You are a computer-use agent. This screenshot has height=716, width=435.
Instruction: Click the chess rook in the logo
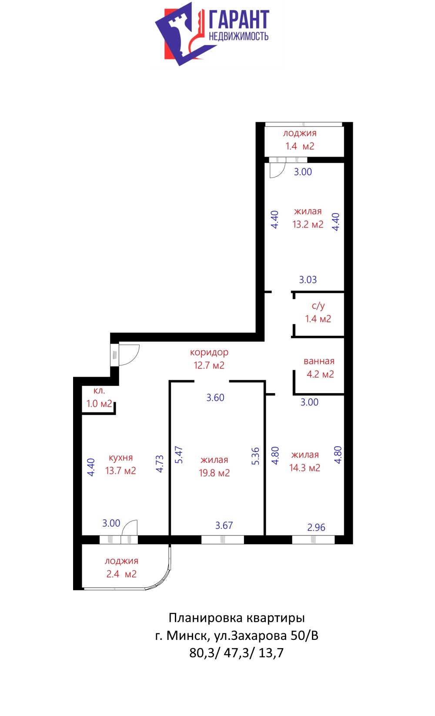[x=179, y=35]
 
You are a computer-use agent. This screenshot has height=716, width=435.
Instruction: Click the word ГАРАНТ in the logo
[x=239, y=20]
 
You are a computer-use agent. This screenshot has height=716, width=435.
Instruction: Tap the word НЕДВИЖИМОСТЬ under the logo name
[x=238, y=36]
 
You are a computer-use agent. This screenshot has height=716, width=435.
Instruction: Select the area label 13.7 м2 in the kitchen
[x=121, y=471]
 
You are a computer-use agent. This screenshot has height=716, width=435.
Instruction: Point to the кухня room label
[x=121, y=458]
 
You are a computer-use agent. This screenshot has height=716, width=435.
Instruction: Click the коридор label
[x=209, y=352]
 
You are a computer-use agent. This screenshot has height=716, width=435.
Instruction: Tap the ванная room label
[x=319, y=361]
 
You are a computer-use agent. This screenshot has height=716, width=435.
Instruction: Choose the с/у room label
[x=318, y=306]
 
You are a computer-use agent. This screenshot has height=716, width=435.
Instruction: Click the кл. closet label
[x=99, y=391]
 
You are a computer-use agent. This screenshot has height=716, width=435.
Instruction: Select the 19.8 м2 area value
[x=214, y=473]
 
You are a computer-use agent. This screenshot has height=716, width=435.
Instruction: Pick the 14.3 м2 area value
[x=304, y=468]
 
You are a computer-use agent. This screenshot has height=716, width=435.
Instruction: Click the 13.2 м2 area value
[x=308, y=224]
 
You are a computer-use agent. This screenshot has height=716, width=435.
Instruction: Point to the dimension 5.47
[x=179, y=455]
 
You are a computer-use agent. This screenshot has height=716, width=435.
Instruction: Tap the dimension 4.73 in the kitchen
[x=160, y=464]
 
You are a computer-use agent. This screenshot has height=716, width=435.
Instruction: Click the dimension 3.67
[x=224, y=525]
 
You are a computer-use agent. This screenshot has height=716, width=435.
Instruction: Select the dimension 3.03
[x=308, y=280]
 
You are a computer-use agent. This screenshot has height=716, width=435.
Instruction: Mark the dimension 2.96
[x=316, y=527]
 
